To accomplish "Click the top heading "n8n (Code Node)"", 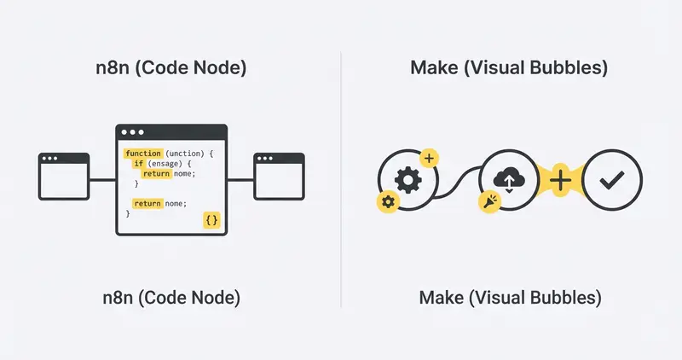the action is [171, 68].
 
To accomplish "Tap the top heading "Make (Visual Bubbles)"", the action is [509, 68].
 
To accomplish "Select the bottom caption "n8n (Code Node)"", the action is [171, 298].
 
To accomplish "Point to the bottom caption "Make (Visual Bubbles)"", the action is [510, 298].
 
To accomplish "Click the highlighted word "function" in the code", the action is [143, 154].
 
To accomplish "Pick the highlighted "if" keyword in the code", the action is [139, 164].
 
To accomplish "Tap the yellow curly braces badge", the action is [211, 220].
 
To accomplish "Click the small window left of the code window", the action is [64, 177].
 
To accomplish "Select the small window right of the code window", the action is [280, 177].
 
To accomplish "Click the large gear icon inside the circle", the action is [407, 180].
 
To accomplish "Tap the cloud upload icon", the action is [509, 179].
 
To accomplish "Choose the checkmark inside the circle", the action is [612, 180].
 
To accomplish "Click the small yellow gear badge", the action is [388, 202].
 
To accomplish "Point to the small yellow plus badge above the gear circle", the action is [429, 158].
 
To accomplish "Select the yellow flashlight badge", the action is [489, 201].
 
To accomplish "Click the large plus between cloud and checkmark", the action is [561, 180].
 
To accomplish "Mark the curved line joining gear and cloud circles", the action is [458, 183].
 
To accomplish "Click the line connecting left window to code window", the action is [102, 179].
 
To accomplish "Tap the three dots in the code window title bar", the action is [133, 132].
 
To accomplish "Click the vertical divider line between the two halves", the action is [341, 180].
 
